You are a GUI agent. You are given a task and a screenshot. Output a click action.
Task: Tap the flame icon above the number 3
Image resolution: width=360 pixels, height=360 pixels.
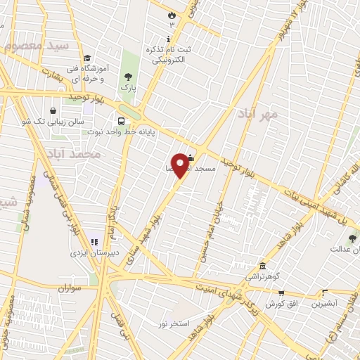click(x=172, y=14)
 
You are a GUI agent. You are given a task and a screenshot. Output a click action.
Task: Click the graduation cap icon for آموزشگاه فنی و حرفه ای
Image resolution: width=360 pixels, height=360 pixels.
click(x=86, y=58)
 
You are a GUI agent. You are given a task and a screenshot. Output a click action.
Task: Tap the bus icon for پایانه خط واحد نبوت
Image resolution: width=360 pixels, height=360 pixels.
click(x=122, y=120)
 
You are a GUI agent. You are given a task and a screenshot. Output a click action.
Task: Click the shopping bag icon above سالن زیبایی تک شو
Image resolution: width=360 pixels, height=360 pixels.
click(x=53, y=110)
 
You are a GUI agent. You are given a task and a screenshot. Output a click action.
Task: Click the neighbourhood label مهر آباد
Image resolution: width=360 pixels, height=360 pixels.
click(x=257, y=113)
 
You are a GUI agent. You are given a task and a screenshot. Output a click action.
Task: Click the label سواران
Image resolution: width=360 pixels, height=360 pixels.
click(x=71, y=288)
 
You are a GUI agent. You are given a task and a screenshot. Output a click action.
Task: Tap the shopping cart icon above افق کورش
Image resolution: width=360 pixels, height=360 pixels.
click(x=281, y=293)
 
